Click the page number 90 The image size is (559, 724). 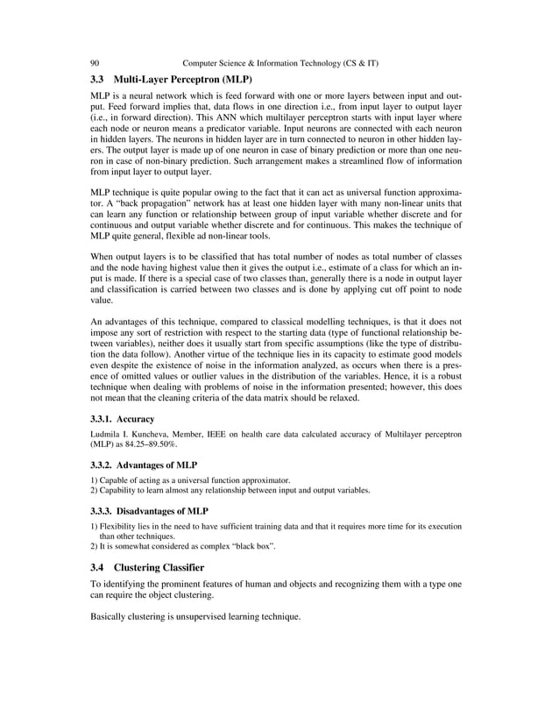point(95,63)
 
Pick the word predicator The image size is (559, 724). point(253,128)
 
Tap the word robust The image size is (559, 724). point(448,373)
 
